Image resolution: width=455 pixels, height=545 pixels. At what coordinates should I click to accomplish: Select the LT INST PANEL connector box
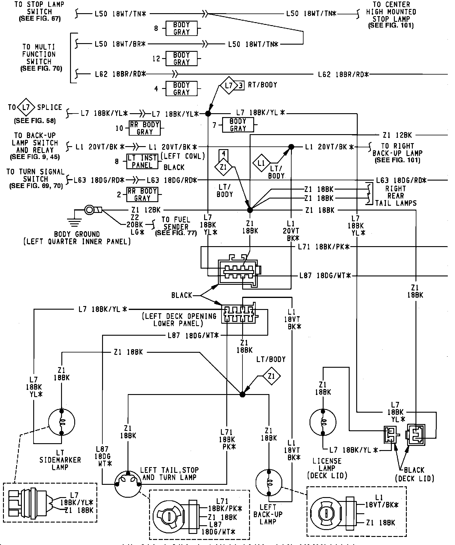142,162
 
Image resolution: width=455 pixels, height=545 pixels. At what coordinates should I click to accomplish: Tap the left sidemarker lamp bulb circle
61,422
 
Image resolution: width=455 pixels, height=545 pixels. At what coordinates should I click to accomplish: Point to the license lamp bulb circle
323,423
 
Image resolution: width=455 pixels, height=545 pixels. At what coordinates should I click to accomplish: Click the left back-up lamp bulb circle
269,483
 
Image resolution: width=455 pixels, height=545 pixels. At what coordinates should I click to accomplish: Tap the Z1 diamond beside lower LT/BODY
271,376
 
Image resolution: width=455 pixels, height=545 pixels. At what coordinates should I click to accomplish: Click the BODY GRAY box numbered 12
181,59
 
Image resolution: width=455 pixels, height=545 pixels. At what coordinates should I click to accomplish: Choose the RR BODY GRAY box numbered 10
145,128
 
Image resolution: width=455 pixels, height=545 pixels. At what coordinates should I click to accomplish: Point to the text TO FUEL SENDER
176,227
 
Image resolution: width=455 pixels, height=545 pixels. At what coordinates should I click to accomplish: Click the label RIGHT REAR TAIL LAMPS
396,196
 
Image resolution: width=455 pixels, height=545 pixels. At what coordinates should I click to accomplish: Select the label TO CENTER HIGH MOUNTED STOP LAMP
391,15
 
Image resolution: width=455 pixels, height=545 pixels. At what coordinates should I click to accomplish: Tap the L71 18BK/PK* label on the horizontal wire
324,247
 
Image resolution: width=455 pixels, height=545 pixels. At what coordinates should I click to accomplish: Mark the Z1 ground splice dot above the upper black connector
250,210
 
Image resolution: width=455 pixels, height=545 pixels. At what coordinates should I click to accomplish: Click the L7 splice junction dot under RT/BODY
208,113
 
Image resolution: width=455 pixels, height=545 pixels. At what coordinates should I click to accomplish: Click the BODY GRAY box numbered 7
238,125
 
